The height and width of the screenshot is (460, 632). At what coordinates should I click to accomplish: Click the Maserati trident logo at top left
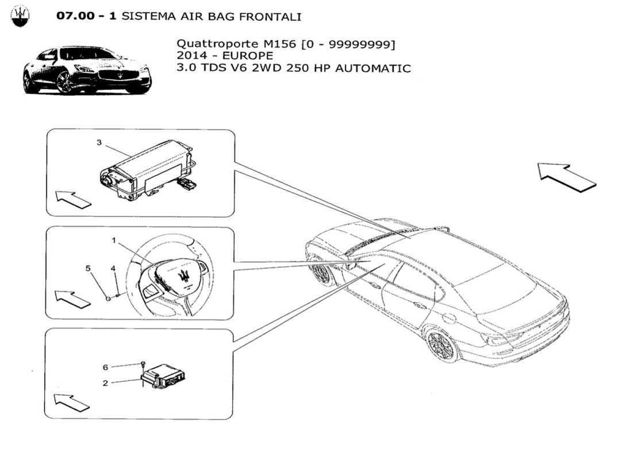21,17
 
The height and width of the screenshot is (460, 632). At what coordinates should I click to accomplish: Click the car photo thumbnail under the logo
86,70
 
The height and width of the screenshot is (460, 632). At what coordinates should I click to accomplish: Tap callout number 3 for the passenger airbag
99,143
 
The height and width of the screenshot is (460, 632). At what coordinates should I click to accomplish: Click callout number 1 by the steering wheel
114,241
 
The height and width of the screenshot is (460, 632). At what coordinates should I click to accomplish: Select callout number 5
88,268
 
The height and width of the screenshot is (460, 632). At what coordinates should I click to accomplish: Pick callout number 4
113,268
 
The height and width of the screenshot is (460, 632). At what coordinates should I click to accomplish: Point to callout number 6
106,367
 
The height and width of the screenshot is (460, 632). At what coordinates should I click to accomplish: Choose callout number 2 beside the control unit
106,382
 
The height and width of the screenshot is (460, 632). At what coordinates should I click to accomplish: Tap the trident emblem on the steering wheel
185,275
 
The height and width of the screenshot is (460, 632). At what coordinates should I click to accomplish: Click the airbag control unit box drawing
164,378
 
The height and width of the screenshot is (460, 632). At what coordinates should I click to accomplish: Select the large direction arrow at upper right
567,176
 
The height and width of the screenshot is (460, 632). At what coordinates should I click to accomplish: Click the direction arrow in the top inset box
74,199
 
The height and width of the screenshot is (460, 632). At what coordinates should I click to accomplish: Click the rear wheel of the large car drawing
443,344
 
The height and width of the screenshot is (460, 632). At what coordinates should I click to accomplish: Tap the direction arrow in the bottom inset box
72,402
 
